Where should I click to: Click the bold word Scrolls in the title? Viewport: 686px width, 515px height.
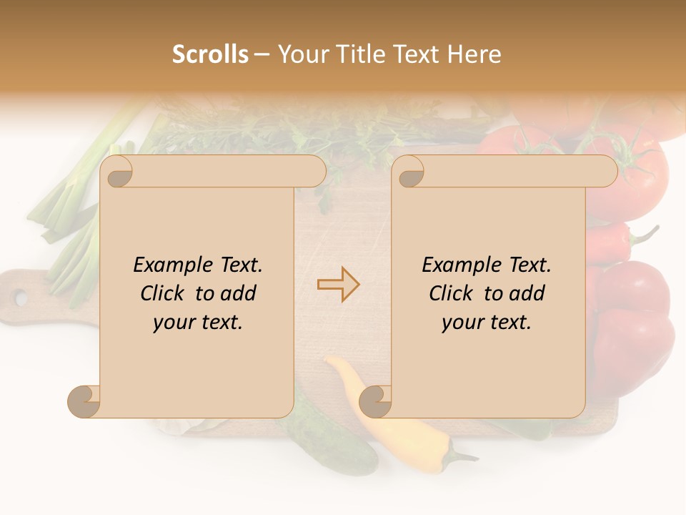(210, 54)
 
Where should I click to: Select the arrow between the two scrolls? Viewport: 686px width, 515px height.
(338, 285)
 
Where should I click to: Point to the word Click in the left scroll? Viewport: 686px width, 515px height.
(162, 293)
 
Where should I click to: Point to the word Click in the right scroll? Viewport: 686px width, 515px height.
(451, 293)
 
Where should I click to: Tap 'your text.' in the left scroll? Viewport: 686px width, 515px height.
(198, 322)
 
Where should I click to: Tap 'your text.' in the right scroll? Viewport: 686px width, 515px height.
(487, 322)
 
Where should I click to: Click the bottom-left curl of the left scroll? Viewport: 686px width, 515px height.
(84, 402)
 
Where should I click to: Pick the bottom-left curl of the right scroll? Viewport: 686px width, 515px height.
(375, 402)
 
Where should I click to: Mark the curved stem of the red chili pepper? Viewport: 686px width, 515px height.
(645, 235)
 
